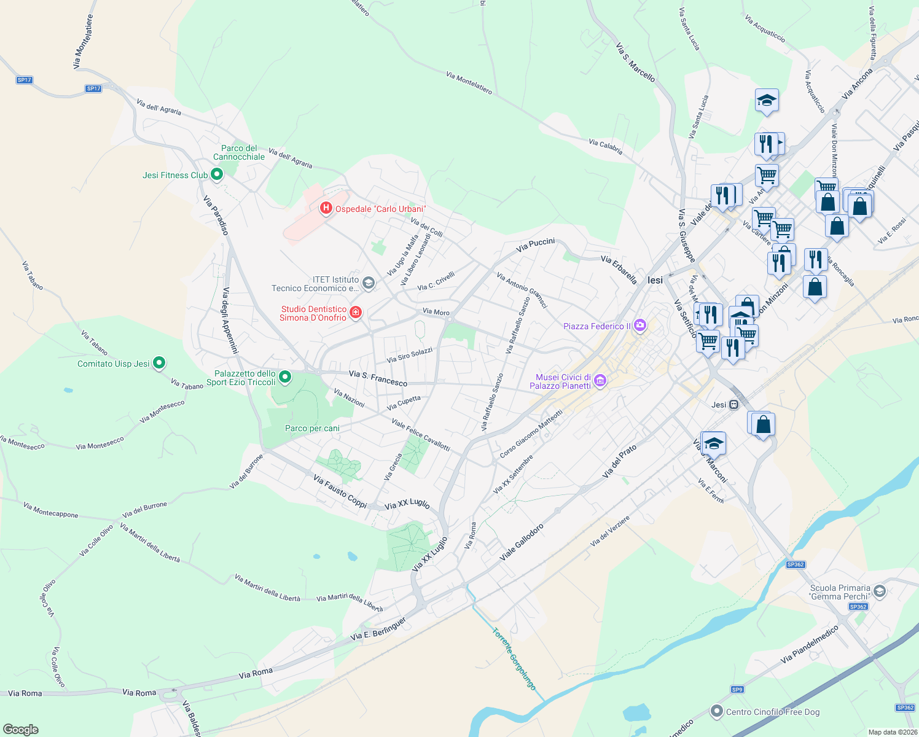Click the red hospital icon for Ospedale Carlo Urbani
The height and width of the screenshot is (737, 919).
[326, 209]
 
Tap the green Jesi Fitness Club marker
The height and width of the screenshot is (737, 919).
[216, 175]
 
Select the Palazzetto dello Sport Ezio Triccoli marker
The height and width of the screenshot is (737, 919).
[285, 377]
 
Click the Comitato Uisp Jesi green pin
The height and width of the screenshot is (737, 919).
[159, 364]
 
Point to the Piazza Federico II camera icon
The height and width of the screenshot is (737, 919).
[640, 326]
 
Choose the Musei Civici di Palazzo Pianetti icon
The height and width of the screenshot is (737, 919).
[601, 381]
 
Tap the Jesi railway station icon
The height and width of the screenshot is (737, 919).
[733, 405]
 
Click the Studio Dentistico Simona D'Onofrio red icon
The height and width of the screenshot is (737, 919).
[355, 313]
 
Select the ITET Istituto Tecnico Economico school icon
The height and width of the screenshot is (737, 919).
[369, 283]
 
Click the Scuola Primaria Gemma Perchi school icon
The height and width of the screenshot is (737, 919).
[880, 591]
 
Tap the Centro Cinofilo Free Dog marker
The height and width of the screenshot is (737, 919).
[716, 712]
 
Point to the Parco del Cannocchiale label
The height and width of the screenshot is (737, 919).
[239, 152]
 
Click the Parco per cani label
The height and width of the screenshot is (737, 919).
[312, 428]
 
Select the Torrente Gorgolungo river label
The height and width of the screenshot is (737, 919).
[514, 658]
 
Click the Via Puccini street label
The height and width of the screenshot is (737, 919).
[536, 245]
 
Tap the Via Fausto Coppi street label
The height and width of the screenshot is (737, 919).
[340, 491]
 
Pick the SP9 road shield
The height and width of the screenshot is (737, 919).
[737, 690]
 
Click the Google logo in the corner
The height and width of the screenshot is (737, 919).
[21, 729]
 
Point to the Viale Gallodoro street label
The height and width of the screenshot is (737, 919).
[522, 542]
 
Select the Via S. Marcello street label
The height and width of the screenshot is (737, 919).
[635, 63]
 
